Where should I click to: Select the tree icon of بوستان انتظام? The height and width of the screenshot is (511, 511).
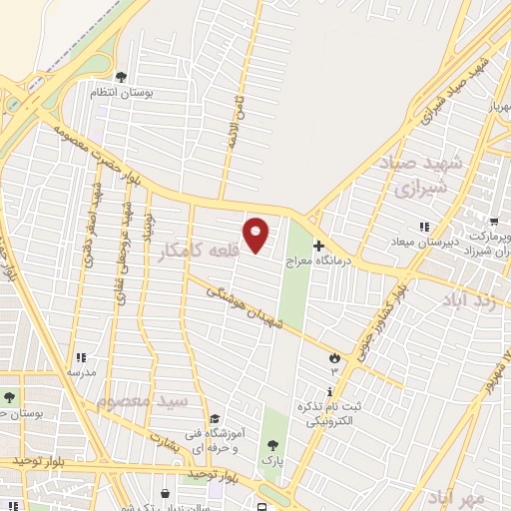coord(122,76)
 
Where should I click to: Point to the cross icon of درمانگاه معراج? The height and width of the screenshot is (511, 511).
coord(318,245)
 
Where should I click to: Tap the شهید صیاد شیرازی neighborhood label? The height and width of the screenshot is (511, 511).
coord(416,175)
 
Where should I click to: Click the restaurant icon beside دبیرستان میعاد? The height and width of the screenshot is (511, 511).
coord(424,229)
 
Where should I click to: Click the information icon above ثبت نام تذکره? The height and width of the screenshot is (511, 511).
coord(330,390)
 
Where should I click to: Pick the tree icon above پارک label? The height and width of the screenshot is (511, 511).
coord(272,445)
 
